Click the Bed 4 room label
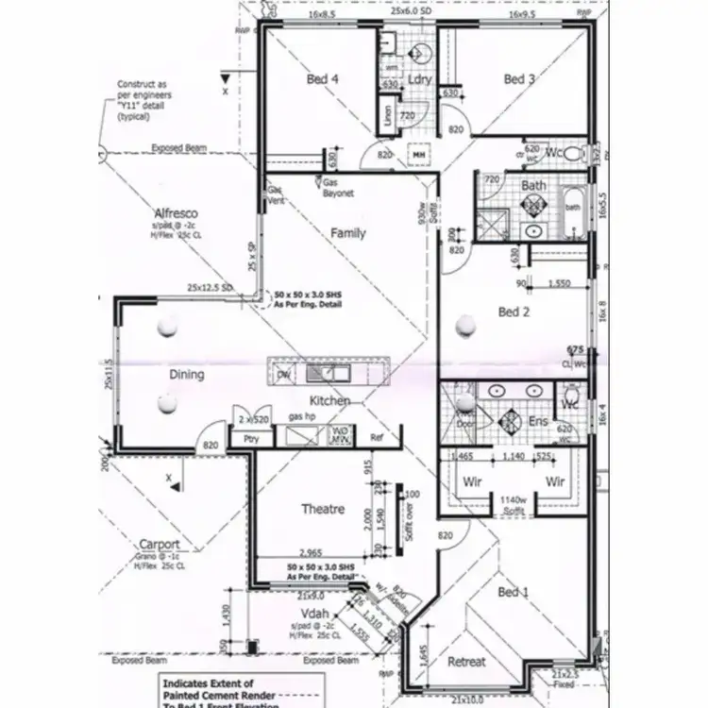tap(322, 80)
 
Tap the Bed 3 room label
tap(518, 80)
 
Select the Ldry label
tap(420, 80)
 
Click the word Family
tap(348, 233)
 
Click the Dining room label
tap(187, 375)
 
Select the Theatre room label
tap(322, 509)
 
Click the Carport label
tap(160, 545)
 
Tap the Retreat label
tap(466, 662)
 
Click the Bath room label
tap(533, 186)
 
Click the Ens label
tap(539, 422)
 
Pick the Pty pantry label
tap(251, 439)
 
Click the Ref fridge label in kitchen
tap(377, 438)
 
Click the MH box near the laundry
tap(418, 154)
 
